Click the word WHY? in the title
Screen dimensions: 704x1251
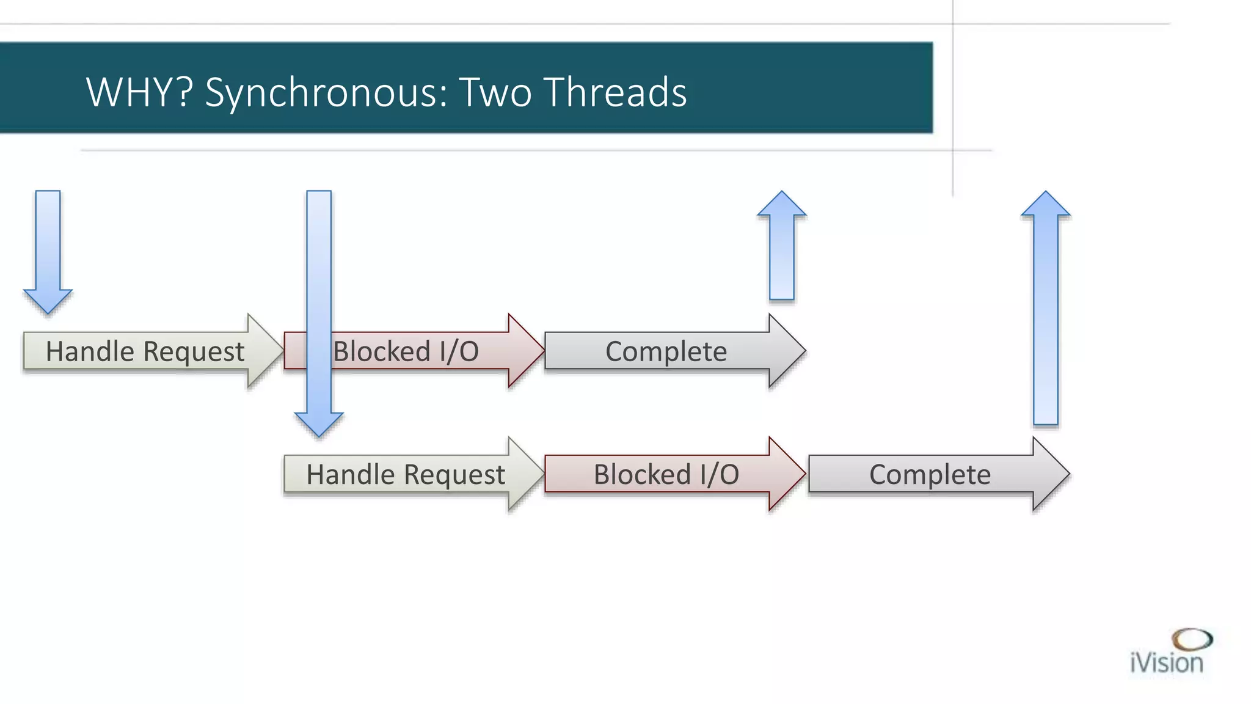pyautogui.click(x=139, y=92)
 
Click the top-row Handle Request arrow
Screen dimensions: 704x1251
pyautogui.click(x=145, y=351)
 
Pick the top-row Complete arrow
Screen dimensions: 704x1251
pyautogui.click(x=666, y=351)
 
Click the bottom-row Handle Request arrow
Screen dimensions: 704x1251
pyautogui.click(x=406, y=474)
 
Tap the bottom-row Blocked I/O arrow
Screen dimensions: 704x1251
pyautogui.click(x=666, y=474)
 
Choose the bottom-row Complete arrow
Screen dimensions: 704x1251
pyautogui.click(x=930, y=474)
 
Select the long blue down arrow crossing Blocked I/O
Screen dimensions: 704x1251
pyautogui.click(x=319, y=275)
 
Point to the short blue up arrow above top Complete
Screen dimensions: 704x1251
pyautogui.click(x=782, y=251)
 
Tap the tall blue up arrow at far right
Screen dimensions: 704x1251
pyautogui.click(x=1046, y=312)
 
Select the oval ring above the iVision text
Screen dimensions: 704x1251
pyautogui.click(x=1192, y=639)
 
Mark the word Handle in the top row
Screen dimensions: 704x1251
pyautogui.click(x=90, y=351)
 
